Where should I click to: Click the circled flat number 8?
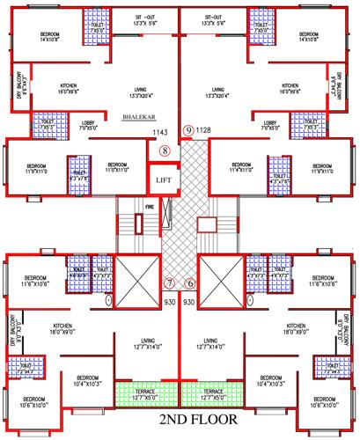pos(164,150)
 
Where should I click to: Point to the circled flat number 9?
pos(187,130)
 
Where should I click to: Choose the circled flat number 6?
pos(191,283)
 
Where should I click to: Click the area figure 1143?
pos(160,132)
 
